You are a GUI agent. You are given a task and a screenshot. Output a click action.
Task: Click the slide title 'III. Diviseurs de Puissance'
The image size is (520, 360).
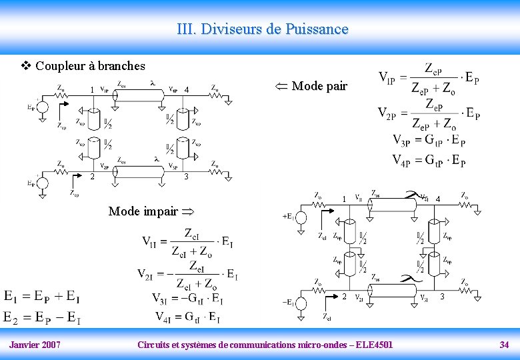[263, 29]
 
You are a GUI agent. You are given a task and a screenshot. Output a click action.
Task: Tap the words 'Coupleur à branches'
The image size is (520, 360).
[90, 65]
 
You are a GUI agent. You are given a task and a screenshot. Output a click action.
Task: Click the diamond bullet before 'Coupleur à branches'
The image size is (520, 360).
[27, 65]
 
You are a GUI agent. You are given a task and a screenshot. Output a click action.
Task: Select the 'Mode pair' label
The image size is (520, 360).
[319, 85]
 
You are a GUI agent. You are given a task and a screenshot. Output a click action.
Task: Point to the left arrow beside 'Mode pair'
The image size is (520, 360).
[282, 85]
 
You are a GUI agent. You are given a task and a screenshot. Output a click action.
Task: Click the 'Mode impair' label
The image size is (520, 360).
[143, 211]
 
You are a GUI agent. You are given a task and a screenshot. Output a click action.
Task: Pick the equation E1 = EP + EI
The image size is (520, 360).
[43, 296]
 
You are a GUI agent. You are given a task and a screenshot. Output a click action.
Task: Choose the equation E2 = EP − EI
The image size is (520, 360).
[43, 318]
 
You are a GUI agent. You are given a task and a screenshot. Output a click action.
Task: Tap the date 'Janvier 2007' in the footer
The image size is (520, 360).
[35, 345]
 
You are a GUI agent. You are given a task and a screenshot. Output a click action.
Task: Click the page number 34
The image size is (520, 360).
[504, 345]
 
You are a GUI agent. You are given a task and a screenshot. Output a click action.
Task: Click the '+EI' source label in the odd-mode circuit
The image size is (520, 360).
[289, 216]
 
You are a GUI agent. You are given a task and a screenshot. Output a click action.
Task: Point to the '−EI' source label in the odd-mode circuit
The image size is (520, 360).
[289, 302]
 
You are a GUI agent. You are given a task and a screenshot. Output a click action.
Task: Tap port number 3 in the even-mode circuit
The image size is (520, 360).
[187, 177]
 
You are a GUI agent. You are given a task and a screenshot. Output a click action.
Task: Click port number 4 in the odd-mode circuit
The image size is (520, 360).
[437, 199]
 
